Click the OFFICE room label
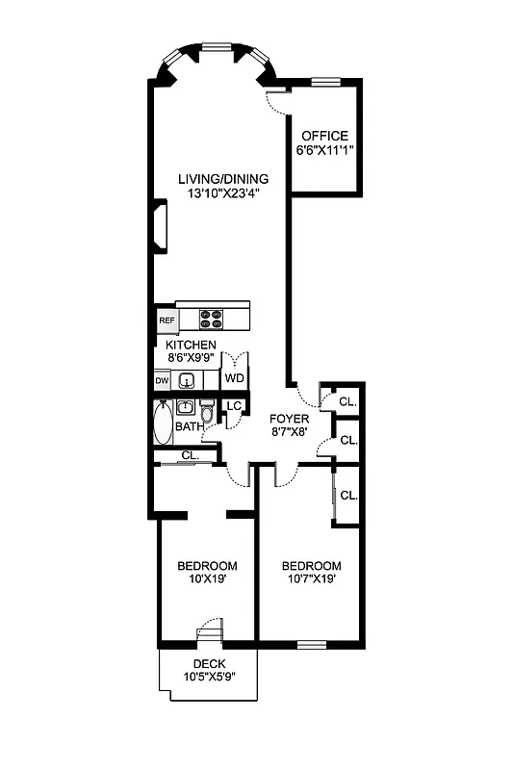324,136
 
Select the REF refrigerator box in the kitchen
166,321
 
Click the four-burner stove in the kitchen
212,318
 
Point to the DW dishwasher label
163,381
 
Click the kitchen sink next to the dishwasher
190,380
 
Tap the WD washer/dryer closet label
234,378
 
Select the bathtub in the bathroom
162,423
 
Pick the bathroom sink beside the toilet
187,406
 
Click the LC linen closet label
233,405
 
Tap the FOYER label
289,419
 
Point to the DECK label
209,664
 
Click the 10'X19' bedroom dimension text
207,579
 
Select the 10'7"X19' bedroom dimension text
311,579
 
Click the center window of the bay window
218,45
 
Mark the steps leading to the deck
209,636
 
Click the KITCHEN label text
191,346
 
